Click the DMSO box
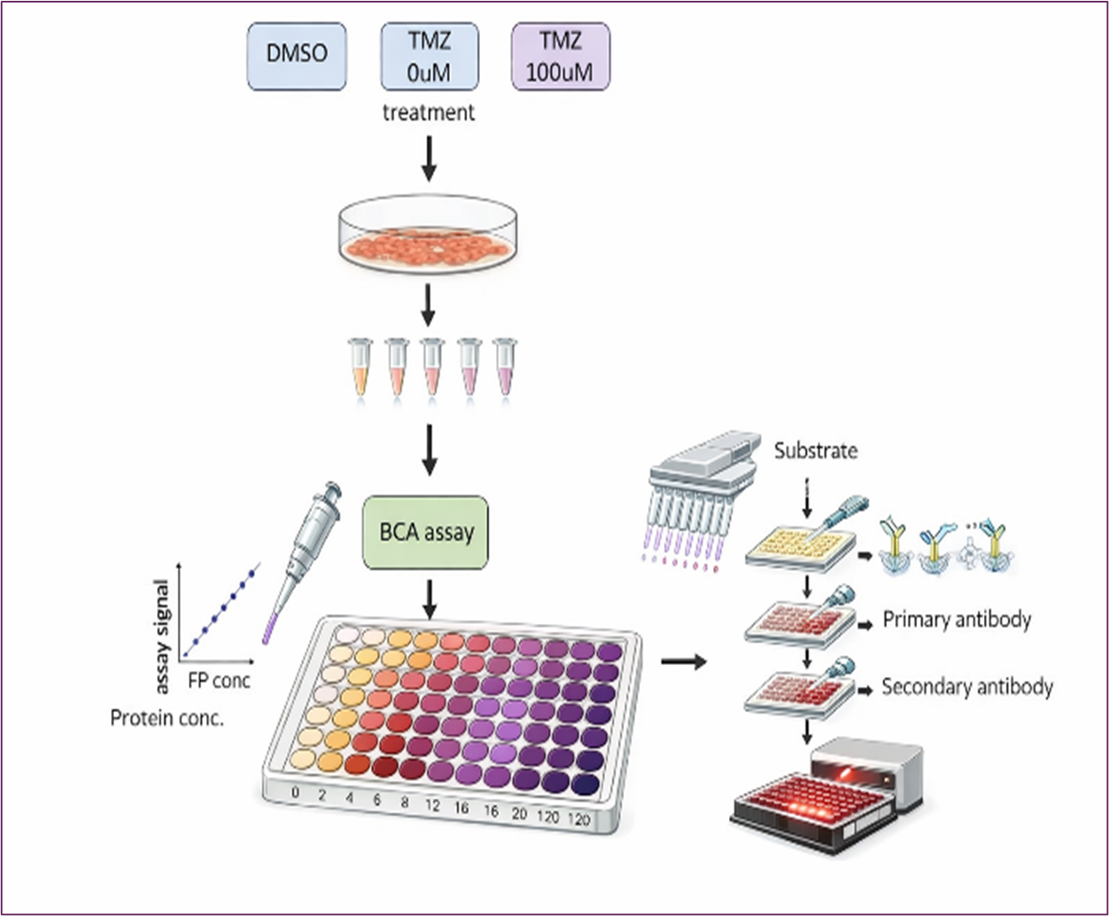(296, 55)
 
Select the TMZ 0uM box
(429, 55)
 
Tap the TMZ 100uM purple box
(560, 55)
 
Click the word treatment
(428, 112)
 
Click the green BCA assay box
(426, 532)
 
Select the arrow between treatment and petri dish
(429, 157)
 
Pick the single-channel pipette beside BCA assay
(304, 554)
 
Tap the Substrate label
(815, 450)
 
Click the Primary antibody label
(956, 620)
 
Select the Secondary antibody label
(966, 687)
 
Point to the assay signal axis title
(162, 637)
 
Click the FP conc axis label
(219, 680)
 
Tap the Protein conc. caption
(167, 718)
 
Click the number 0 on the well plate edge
(295, 792)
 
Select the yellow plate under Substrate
(793, 546)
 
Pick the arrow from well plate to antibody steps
(683, 662)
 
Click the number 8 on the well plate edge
(404, 802)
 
